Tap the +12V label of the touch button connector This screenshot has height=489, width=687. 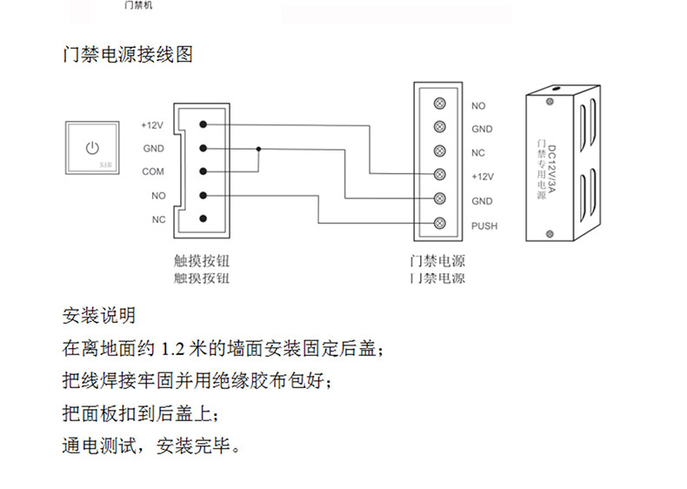[152, 125]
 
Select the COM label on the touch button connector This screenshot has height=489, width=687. [152, 172]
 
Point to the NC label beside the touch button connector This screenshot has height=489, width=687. [158, 219]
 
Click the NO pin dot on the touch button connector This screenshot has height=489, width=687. [203, 196]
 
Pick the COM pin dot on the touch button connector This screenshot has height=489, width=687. [203, 172]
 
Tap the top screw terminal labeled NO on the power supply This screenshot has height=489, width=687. [440, 104]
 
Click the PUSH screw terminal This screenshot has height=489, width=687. [440, 225]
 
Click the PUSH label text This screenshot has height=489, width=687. [484, 226]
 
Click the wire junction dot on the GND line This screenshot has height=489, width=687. [257, 149]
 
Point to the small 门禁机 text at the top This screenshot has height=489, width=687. [138, 5]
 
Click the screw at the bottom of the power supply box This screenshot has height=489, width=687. [549, 233]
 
